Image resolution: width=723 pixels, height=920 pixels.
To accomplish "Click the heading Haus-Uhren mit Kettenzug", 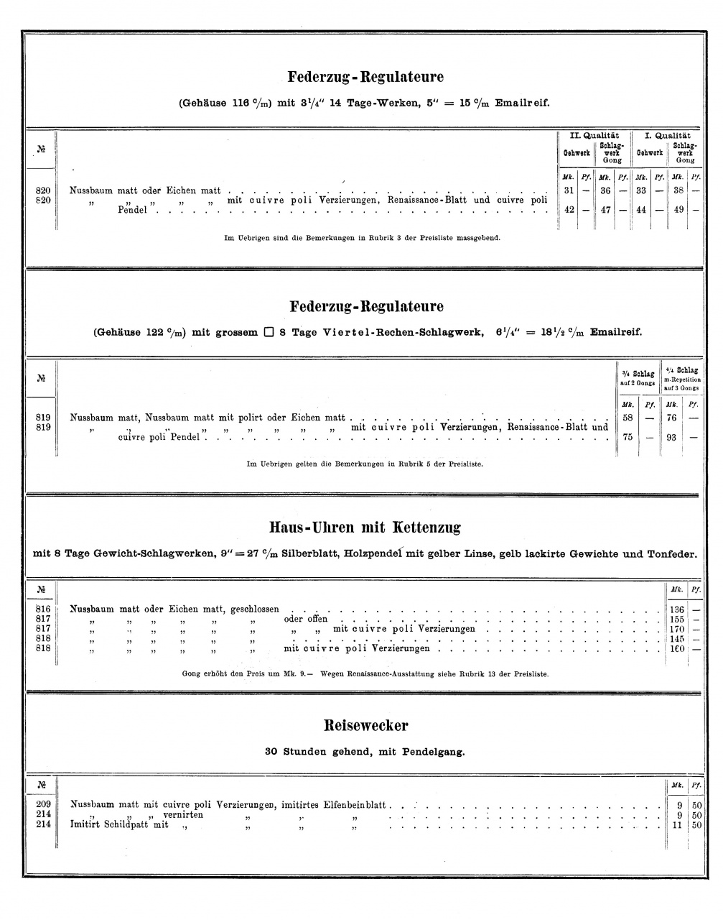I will coord(365,528).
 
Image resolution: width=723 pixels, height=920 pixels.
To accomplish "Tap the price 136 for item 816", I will coord(676,609).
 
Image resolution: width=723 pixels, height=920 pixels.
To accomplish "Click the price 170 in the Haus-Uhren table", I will coord(676,629).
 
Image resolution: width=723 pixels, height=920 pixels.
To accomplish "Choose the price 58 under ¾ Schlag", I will coord(628,418).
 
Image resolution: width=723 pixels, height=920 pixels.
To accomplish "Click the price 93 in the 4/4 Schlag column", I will coord(671,437).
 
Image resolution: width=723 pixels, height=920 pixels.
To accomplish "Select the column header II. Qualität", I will coord(594,135).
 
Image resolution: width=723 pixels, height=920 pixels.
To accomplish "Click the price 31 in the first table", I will coord(569,190).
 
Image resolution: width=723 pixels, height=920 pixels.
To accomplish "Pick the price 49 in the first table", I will coord(677,210).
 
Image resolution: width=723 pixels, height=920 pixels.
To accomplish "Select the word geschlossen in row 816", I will coord(254,609).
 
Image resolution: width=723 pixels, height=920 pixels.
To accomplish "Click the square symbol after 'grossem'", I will coord(268,332).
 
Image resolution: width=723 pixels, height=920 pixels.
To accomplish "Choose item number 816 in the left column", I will coord(42,609).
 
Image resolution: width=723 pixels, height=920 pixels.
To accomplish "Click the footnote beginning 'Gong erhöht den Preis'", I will coord(365,674).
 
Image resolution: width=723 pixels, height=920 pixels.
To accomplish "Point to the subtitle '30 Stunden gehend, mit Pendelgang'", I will coord(365,752).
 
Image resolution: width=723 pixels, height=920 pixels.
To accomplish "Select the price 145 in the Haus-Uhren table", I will coord(676,639).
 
